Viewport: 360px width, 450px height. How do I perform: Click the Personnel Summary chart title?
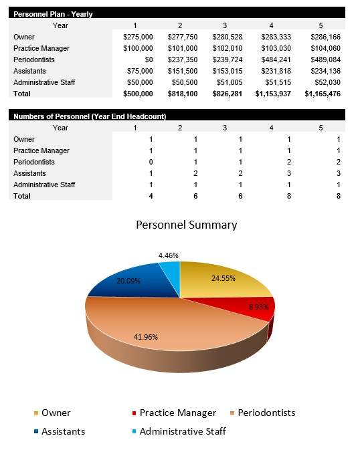[x=186, y=225]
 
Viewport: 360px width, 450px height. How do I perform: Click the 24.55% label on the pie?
[x=223, y=278]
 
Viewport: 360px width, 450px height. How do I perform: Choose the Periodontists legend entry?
[x=267, y=413]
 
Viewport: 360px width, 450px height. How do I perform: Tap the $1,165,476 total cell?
[x=323, y=94]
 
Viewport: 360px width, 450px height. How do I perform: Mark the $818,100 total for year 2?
[x=183, y=94]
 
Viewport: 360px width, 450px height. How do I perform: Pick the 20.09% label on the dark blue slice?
[x=128, y=281]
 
